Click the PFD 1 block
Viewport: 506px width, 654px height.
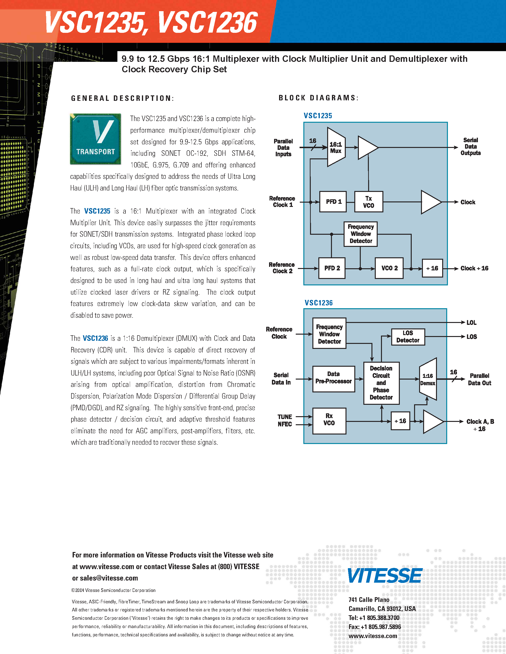click(x=333, y=202)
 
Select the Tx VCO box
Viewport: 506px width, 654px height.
click(x=368, y=202)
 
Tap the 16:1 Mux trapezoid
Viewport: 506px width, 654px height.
click(x=336, y=147)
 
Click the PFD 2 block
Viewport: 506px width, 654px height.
click(x=332, y=268)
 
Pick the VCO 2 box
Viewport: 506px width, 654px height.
click(x=389, y=268)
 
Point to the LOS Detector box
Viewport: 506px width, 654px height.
click(x=408, y=337)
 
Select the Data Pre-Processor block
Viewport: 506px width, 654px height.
click(x=333, y=379)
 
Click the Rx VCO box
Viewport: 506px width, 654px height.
click(x=329, y=420)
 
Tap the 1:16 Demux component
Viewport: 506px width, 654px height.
click(x=428, y=379)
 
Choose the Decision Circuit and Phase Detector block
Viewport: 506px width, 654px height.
click(x=381, y=383)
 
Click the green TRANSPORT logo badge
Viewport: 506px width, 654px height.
click(x=95, y=139)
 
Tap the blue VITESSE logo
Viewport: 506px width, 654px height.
click(x=385, y=576)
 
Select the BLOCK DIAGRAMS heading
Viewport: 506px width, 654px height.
click(x=318, y=98)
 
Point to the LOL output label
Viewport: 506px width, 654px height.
click(x=471, y=322)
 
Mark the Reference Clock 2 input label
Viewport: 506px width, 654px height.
click(x=282, y=268)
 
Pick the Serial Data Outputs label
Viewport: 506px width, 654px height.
click(x=470, y=146)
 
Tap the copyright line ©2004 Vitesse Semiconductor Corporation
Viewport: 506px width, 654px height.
click(x=113, y=590)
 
